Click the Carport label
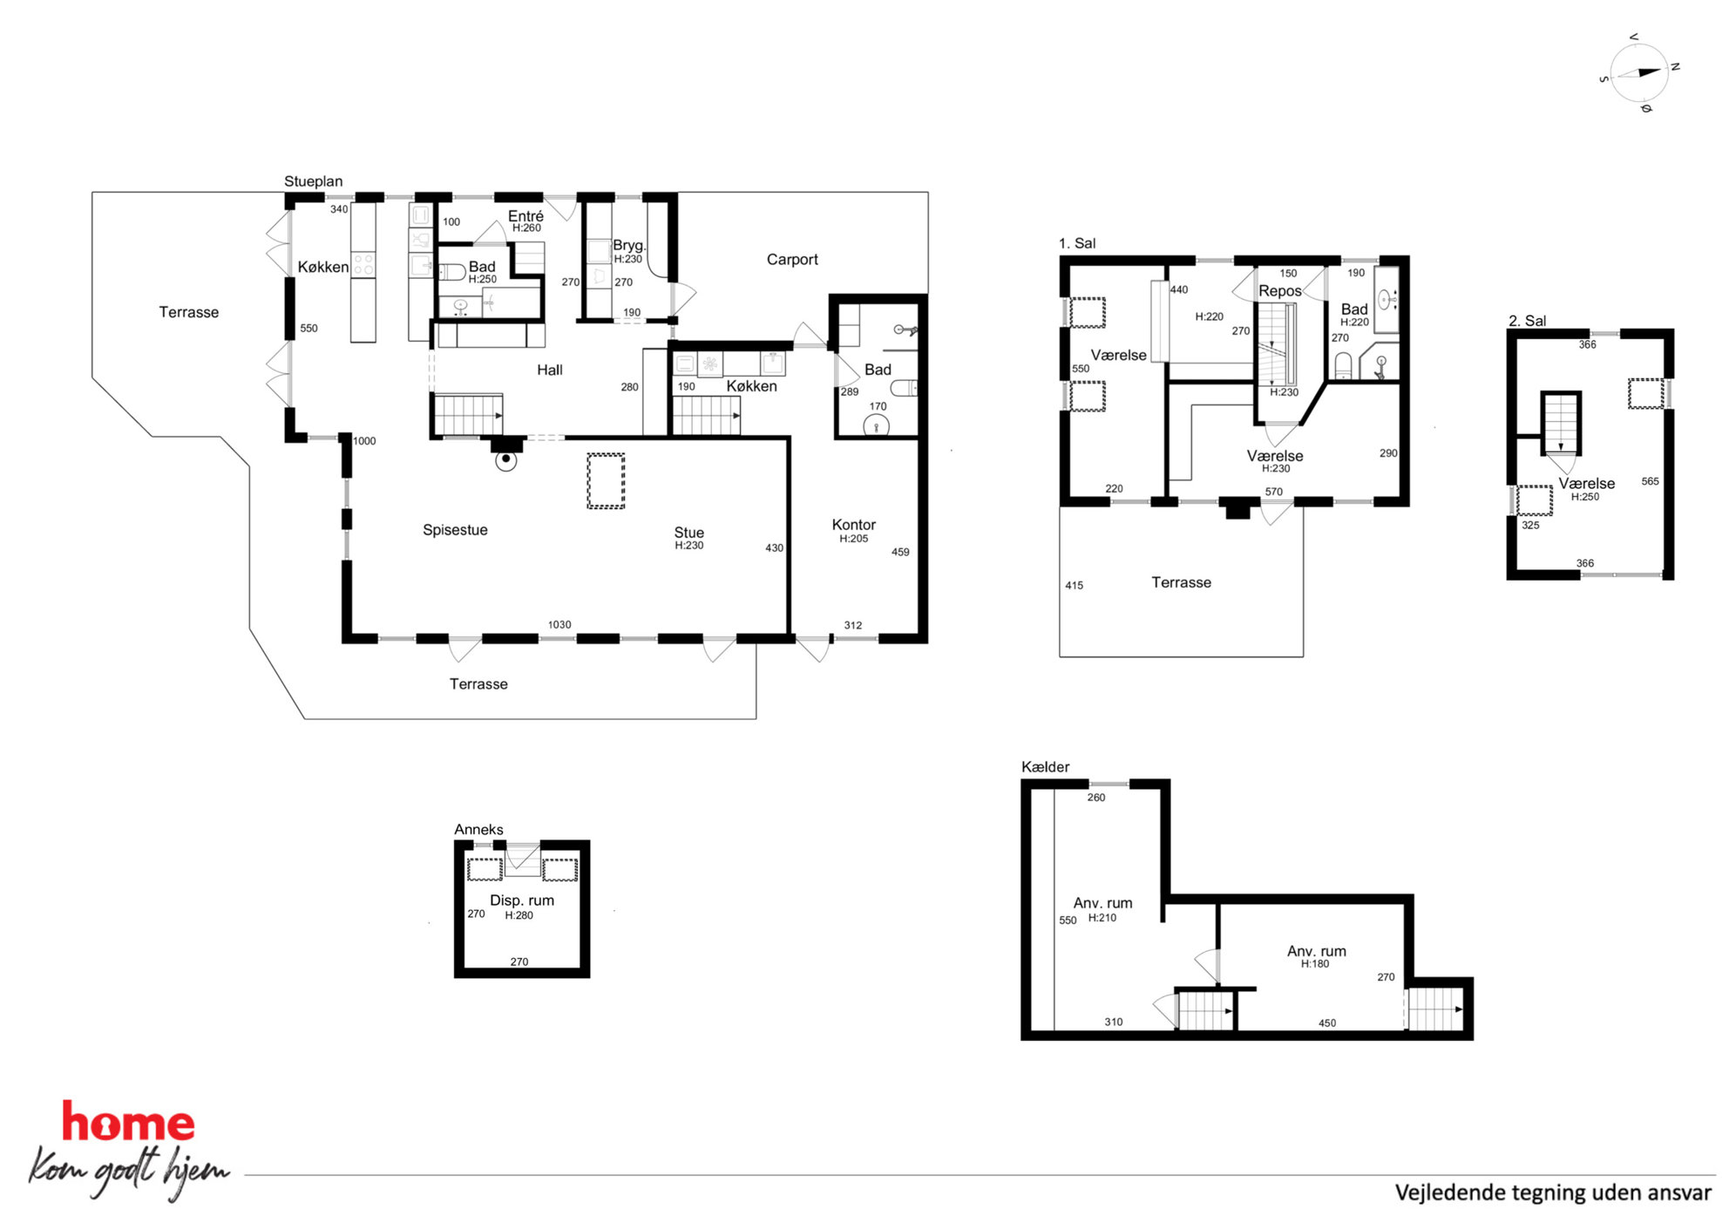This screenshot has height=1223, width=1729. point(792,260)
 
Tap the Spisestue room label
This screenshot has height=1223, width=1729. point(455,530)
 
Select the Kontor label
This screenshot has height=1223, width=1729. point(853,525)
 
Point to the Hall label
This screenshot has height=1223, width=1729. point(549,370)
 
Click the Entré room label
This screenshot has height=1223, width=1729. point(525,216)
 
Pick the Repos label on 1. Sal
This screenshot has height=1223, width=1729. point(1279,291)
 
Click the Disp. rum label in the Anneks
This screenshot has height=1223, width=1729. point(522,900)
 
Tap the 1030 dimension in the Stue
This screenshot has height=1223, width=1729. point(559,625)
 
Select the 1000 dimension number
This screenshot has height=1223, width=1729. point(364,441)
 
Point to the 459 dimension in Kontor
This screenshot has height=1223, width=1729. point(900,552)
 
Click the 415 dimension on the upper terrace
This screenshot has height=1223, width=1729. point(1074,586)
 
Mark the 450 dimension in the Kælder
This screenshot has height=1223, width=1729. point(1326,1023)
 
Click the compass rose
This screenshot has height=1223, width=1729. point(1639,73)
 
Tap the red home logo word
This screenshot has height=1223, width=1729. point(128,1122)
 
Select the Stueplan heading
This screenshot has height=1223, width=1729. point(313,181)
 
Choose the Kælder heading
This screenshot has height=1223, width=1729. point(1045,767)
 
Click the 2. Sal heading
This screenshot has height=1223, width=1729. point(1527,321)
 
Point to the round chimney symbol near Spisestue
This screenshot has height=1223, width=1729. point(505,459)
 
